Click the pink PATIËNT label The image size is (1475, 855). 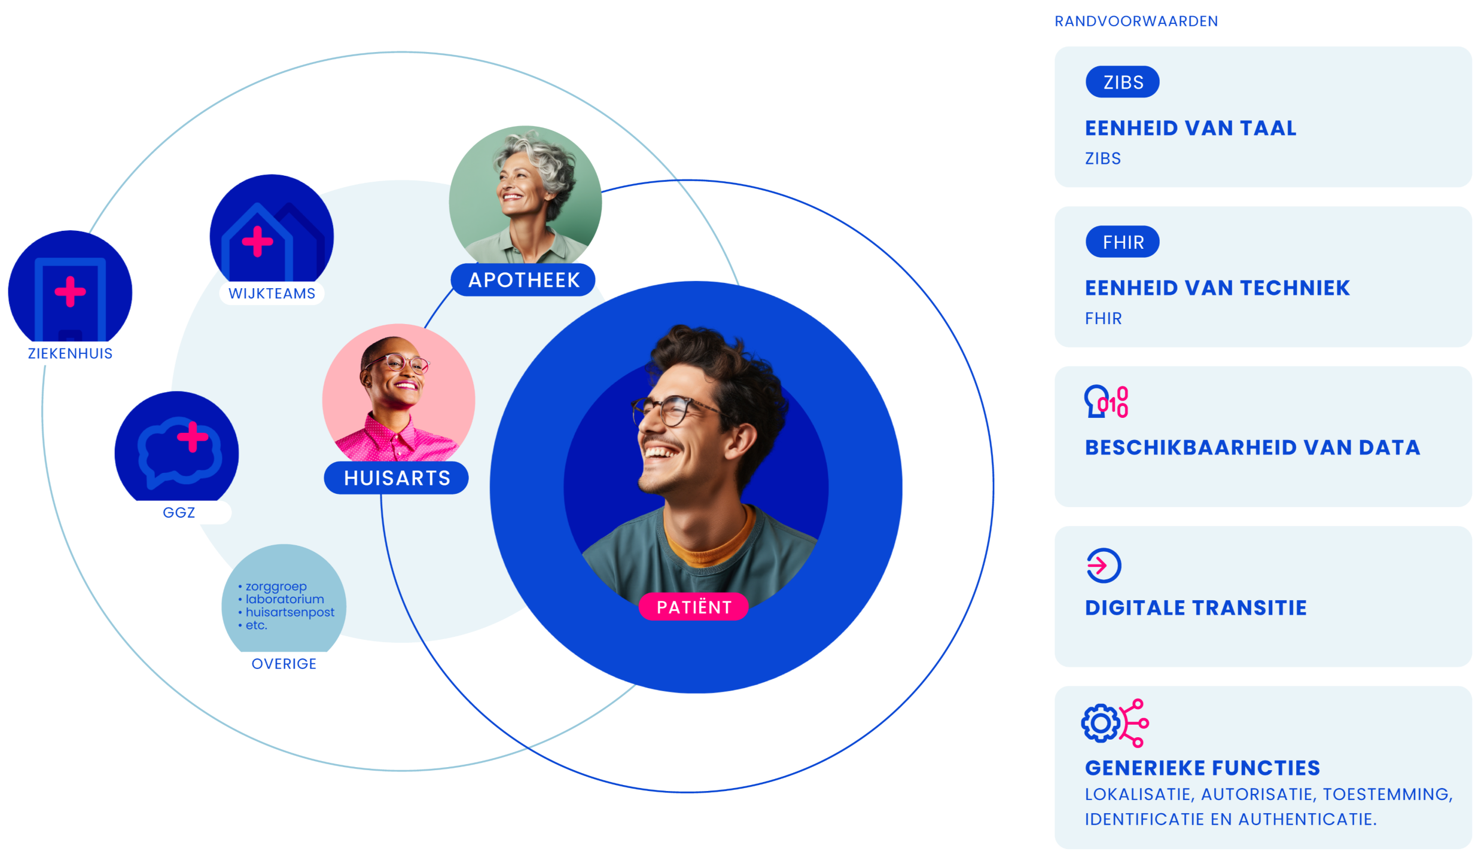693,607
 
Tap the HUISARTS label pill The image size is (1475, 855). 396,478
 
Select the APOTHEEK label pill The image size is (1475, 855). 523,280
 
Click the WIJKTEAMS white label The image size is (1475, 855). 272,294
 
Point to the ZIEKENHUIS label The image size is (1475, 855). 70,353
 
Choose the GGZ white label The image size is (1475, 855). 179,512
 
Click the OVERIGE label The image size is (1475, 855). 284,664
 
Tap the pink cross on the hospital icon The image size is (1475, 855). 70,291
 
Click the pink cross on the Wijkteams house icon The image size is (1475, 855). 257,242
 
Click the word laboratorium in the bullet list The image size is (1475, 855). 285,599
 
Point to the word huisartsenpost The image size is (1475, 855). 290,612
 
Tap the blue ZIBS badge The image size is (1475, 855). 1122,82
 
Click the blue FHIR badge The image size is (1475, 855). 1122,242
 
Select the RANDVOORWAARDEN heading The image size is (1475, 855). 1135,22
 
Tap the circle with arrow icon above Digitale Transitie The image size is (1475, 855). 1104,565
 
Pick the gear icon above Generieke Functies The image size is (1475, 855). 1100,723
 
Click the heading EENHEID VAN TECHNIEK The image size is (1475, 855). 1217,288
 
